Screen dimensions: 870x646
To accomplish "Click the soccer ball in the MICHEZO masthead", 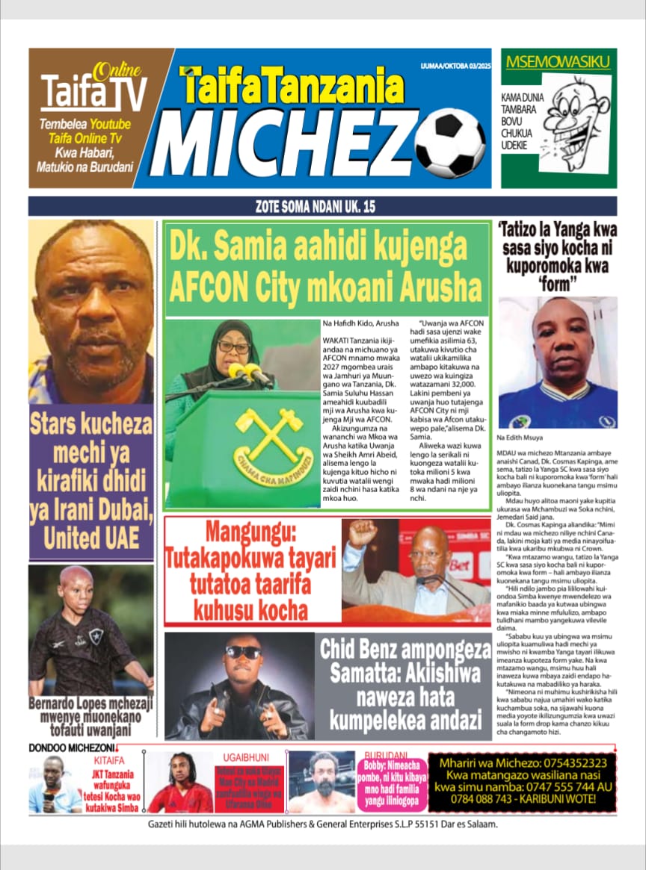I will (450, 143).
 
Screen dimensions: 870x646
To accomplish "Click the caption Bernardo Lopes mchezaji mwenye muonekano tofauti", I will (91, 715).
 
